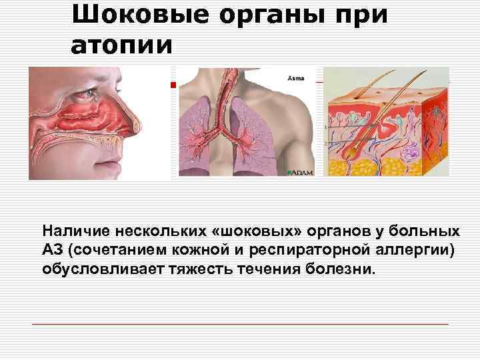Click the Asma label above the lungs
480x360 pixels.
295,78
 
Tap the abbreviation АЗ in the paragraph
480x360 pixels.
51,251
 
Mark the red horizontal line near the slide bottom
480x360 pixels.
240,324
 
